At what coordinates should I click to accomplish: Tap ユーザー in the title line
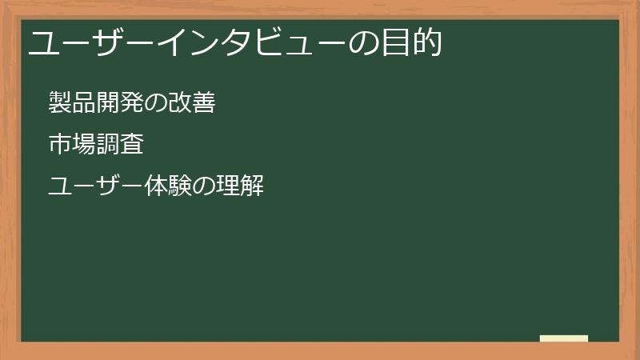click(x=79, y=44)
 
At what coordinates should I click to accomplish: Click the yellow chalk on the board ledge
click(x=563, y=338)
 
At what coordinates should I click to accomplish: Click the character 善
click(x=203, y=102)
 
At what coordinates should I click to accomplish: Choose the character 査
click(x=131, y=145)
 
